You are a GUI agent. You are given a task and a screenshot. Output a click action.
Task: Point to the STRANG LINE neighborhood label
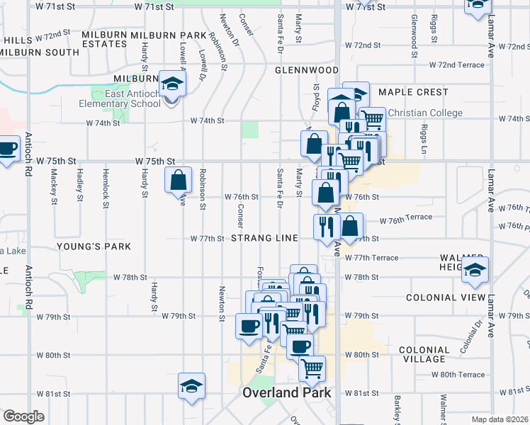pos(264,239)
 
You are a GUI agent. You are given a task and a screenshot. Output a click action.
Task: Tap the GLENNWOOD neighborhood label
pos(307,70)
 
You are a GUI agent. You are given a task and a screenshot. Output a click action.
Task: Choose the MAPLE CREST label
pos(413,92)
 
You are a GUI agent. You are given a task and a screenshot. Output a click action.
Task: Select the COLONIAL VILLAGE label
pos(424,354)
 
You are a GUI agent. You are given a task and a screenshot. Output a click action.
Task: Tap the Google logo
pos(23,416)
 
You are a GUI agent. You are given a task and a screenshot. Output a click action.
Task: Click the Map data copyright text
pos(500,419)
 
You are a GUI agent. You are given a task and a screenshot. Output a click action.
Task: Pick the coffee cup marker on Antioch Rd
pos(7,149)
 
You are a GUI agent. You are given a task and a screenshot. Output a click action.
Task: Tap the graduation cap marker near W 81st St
pos(191,387)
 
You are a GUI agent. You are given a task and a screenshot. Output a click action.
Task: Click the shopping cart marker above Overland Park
pos(312,368)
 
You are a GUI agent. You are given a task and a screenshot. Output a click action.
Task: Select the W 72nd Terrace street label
pos(456,64)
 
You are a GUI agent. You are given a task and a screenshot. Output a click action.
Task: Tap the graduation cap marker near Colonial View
pos(475,271)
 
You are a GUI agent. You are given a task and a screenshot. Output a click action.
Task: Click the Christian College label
pos(425,113)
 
